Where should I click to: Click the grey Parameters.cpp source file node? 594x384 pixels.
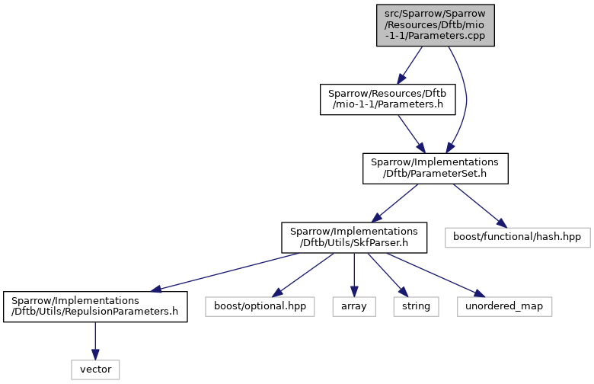pyautogui.click(x=436, y=25)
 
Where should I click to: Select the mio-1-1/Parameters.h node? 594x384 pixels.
pyautogui.click(x=388, y=99)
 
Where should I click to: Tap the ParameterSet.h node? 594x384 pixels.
pyautogui.click(x=436, y=168)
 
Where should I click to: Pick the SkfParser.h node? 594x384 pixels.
pyautogui.click(x=354, y=238)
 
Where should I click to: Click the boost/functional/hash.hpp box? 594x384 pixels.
pyautogui.click(x=518, y=238)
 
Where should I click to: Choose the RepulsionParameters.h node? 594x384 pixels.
pyautogui.click(x=95, y=307)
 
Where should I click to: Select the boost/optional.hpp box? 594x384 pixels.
pyautogui.click(x=260, y=307)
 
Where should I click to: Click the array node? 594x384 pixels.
pyautogui.click(x=354, y=307)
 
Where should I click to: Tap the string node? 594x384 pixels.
pyautogui.click(x=416, y=307)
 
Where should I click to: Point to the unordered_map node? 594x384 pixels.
pyautogui.click(x=504, y=307)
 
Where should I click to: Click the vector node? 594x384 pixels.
pyautogui.click(x=95, y=370)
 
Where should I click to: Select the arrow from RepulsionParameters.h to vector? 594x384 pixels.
pyautogui.click(x=95, y=341)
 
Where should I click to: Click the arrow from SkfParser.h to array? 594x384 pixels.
pyautogui.click(x=354, y=275)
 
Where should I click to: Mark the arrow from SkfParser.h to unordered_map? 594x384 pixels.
pyautogui.click(x=436, y=275)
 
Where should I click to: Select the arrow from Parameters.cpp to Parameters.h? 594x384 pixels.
pyautogui.click(x=410, y=66)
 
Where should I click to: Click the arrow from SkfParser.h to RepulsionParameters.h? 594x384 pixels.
pyautogui.click(x=224, y=272)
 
